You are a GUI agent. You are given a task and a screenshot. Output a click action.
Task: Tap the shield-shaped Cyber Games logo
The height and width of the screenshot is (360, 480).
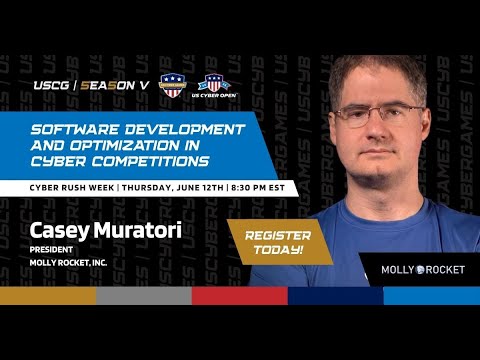point(173,85)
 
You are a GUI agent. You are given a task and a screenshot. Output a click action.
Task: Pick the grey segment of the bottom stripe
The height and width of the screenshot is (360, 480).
point(143,296)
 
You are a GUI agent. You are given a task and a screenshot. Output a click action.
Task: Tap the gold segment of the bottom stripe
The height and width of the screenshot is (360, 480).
point(48,296)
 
